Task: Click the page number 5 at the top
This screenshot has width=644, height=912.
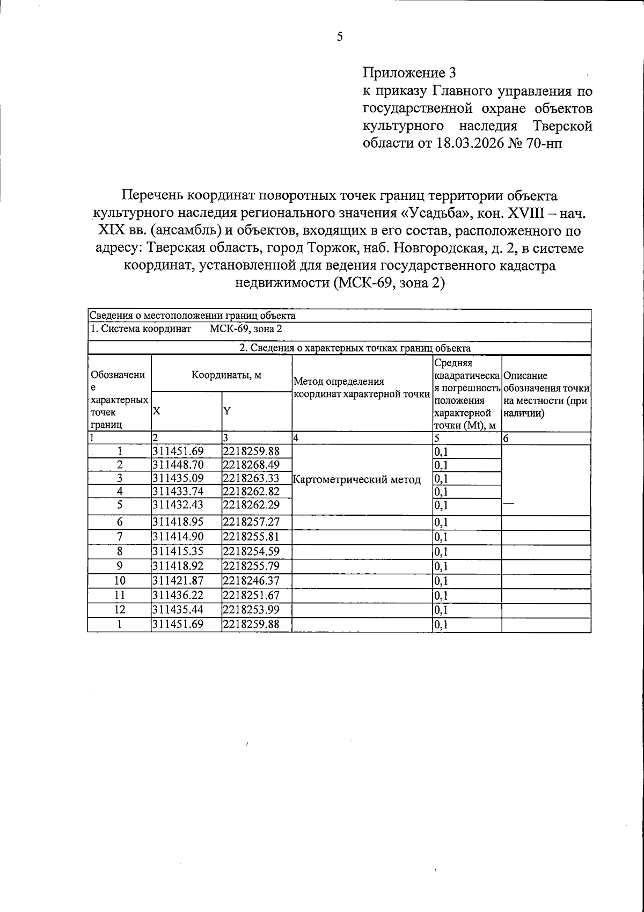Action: [339, 37]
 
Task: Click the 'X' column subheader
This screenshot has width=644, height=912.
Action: [156, 411]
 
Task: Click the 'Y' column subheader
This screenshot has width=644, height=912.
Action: [226, 411]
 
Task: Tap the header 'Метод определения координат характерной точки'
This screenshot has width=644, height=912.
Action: [362, 388]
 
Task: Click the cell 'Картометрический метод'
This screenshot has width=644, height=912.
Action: [357, 479]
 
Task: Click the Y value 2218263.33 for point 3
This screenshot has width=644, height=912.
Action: [251, 478]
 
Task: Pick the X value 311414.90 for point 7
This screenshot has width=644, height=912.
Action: [178, 537]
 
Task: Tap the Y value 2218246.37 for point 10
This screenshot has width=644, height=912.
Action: [251, 581]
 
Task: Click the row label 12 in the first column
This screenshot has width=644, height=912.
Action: [120, 610]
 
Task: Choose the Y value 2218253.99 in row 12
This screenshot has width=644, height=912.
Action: [251, 610]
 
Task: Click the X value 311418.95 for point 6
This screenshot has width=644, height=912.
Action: [178, 522]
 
